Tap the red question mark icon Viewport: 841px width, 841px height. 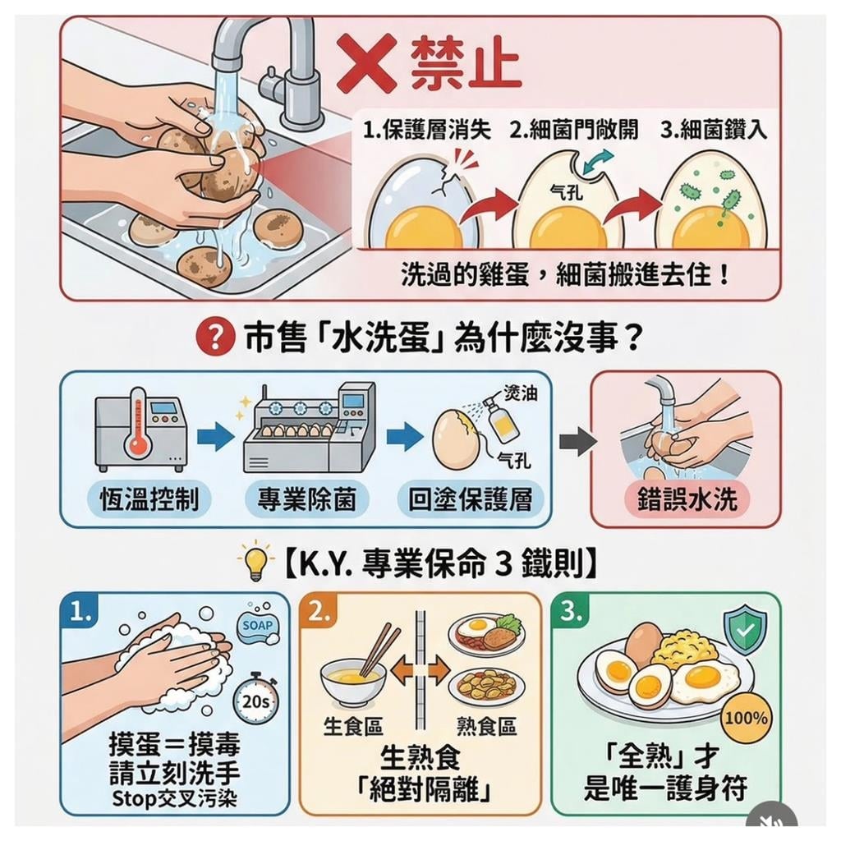coord(213,338)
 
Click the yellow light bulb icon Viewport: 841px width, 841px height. coord(255,563)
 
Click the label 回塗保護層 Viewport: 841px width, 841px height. coord(470,499)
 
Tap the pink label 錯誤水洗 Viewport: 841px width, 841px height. coord(687,499)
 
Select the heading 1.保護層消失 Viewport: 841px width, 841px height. coord(427,131)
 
